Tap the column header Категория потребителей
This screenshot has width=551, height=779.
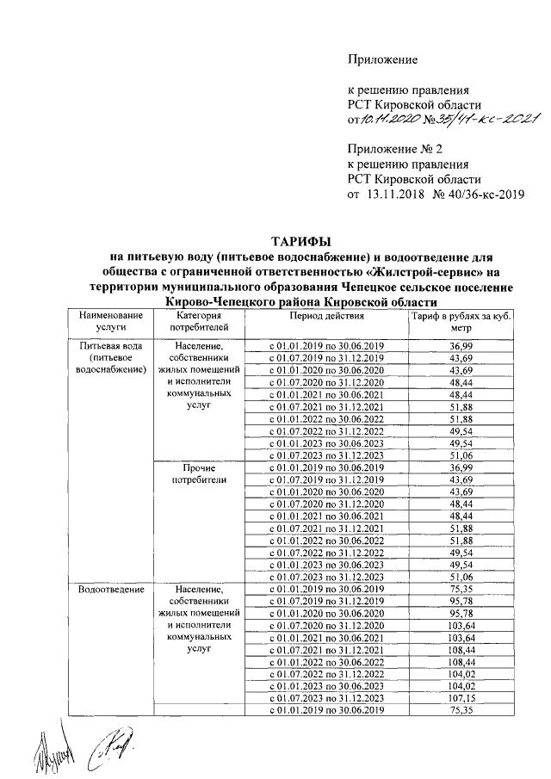pos(199,322)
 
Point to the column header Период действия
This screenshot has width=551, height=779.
pos(326,317)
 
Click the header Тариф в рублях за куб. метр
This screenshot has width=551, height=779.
pos(460,322)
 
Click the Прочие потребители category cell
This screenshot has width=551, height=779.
pos(199,473)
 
